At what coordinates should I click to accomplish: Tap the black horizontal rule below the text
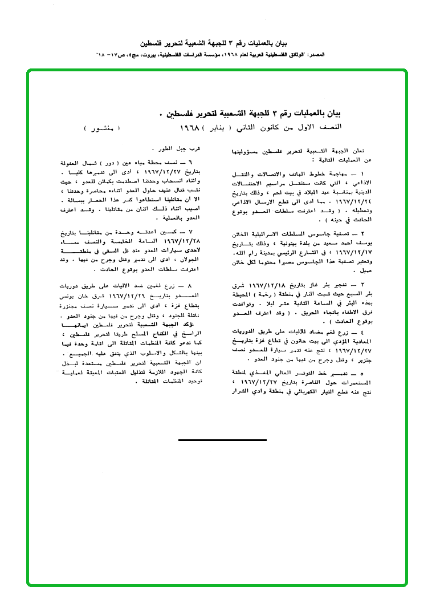[x=222, y=440]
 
